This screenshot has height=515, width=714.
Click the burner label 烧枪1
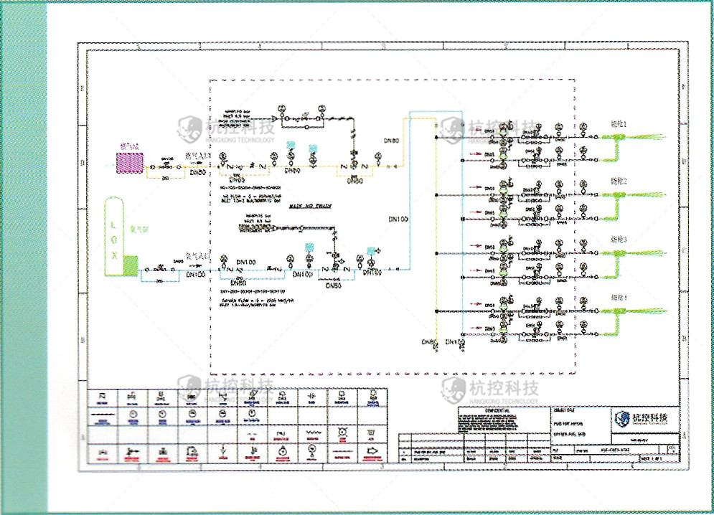tap(619, 124)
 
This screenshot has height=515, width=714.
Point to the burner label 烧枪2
tap(619, 181)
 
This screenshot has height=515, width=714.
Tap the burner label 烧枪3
tap(619, 239)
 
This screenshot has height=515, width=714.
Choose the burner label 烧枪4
tap(619, 297)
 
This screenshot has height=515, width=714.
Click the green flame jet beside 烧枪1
tap(649, 137)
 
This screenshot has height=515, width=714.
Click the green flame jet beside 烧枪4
tap(649, 311)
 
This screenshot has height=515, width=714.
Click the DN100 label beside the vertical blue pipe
tap(398, 218)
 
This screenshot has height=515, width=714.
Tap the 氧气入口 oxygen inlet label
tap(197, 256)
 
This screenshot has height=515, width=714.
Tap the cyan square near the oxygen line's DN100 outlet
tap(370, 250)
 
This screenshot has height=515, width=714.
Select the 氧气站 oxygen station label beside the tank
tap(139, 230)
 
